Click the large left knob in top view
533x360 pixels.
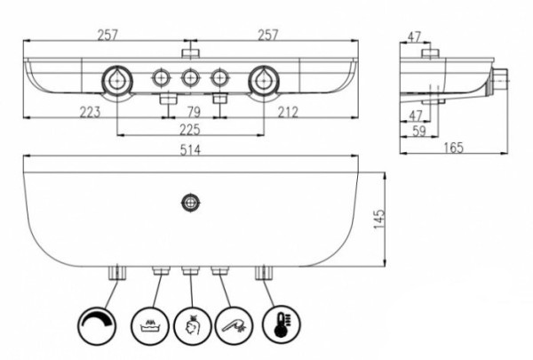pyautogui.click(x=116, y=80)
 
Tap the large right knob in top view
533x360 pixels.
pyautogui.click(x=264, y=80)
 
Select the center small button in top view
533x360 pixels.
pyautogui.click(x=190, y=78)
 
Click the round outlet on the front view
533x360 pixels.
pyautogui.click(x=188, y=201)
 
